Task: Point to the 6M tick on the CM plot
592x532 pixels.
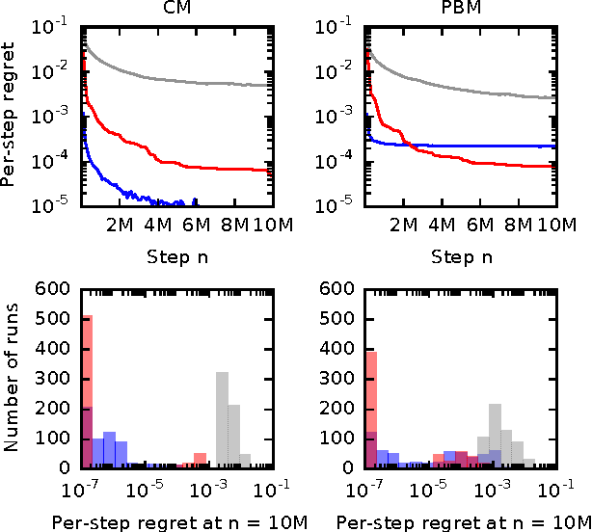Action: point(196,223)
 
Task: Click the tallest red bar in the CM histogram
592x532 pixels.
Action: point(87,395)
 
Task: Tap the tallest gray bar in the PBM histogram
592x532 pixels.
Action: point(496,435)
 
